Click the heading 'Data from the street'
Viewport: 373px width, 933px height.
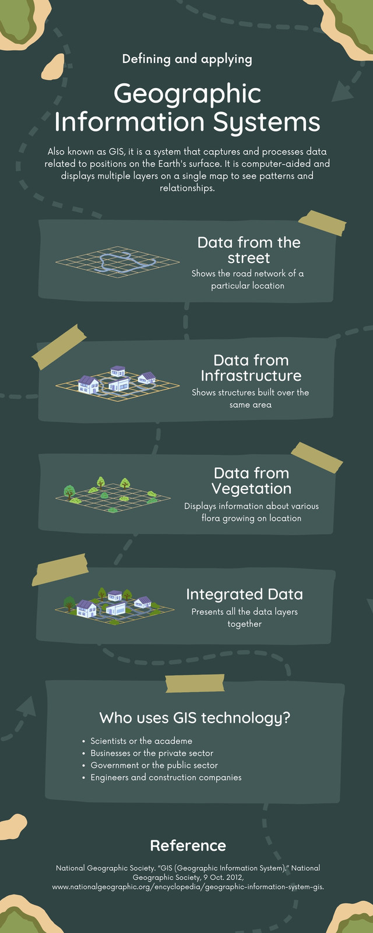tap(249, 250)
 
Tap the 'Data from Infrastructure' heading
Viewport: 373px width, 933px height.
tap(251, 368)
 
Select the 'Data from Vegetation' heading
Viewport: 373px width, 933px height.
tap(251, 480)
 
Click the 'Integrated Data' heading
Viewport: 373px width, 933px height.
tap(244, 594)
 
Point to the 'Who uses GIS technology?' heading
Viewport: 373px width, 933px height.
tap(195, 718)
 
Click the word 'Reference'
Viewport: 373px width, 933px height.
tap(188, 846)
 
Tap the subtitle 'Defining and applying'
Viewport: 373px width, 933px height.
tap(187, 59)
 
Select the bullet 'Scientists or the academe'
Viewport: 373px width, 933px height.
tap(142, 741)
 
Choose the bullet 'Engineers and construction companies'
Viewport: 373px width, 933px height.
tap(166, 777)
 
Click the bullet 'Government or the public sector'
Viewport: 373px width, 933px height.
tap(154, 765)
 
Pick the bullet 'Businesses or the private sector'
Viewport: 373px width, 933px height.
tap(152, 753)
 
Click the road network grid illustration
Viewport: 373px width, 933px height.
tap(117, 262)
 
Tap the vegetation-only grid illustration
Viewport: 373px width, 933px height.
tap(113, 495)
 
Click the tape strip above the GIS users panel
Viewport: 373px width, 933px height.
tap(195, 683)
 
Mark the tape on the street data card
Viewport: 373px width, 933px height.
tap(322, 223)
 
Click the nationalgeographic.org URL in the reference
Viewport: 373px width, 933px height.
tap(188, 887)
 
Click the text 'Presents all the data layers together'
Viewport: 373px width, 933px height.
tap(244, 618)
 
